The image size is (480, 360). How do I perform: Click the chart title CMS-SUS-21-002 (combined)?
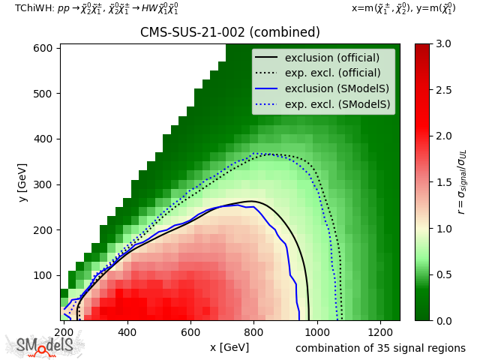click(229, 32)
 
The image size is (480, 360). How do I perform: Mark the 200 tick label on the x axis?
click(64, 331)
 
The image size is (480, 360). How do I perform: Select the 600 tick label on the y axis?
click(43, 48)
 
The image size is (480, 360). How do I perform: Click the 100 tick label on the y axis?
click(43, 275)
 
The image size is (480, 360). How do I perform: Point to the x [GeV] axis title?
click(229, 347)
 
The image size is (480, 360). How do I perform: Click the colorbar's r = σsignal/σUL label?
click(462, 182)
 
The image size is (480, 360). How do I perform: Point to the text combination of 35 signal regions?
click(380, 348)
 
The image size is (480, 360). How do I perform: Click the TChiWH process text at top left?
click(97, 9)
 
